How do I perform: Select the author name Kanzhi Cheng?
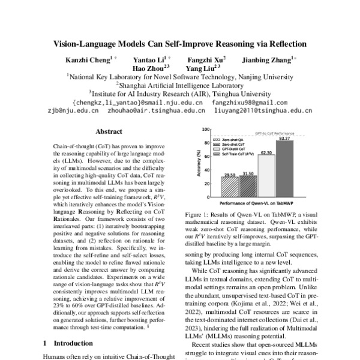88,60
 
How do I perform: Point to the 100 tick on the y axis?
205,130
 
